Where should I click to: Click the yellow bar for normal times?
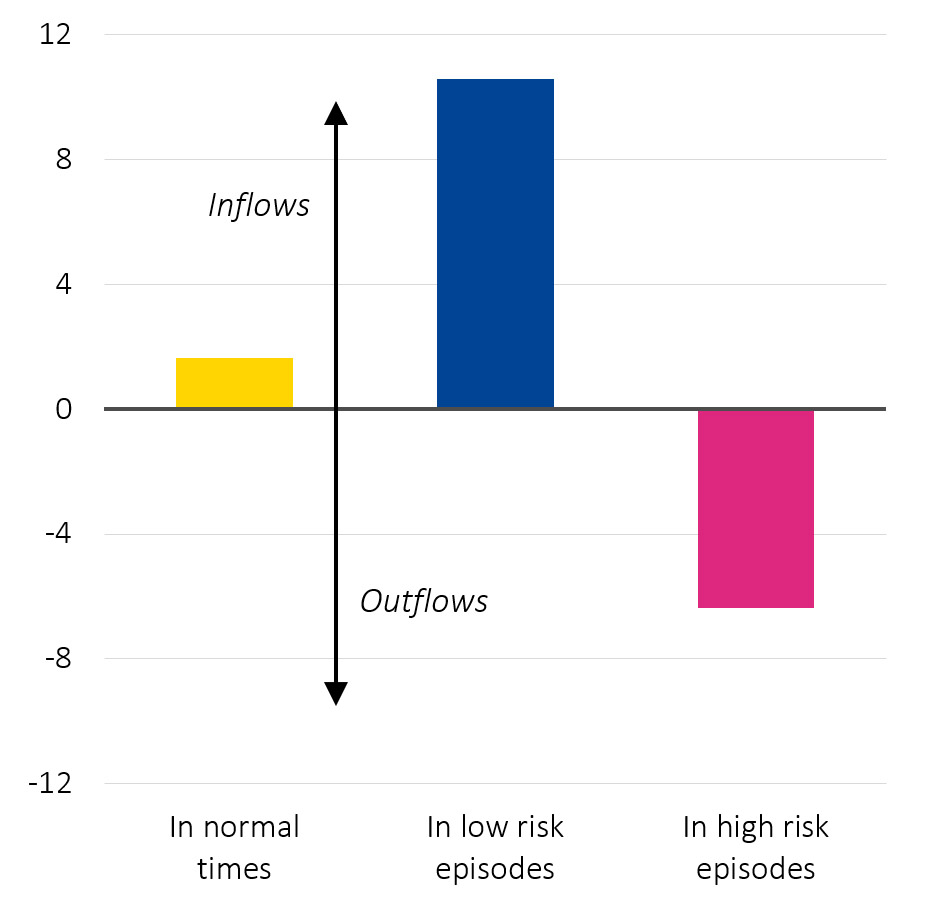[x=234, y=383]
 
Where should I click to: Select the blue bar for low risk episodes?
[x=495, y=243]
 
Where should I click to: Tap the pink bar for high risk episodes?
[x=755, y=508]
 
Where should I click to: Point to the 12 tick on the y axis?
[x=58, y=35]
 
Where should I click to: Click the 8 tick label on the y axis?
[x=65, y=160]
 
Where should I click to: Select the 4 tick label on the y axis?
[x=65, y=285]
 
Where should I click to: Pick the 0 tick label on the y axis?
[x=65, y=410]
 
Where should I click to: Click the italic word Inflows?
[x=259, y=206]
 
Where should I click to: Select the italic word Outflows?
[x=424, y=602]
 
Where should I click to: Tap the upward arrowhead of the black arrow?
[x=336, y=112]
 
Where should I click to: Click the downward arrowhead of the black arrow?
[x=336, y=693]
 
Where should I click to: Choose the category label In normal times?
[x=234, y=848]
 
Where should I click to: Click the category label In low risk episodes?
[x=495, y=848]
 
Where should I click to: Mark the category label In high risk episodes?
[x=755, y=848]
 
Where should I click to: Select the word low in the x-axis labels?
[x=482, y=829]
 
